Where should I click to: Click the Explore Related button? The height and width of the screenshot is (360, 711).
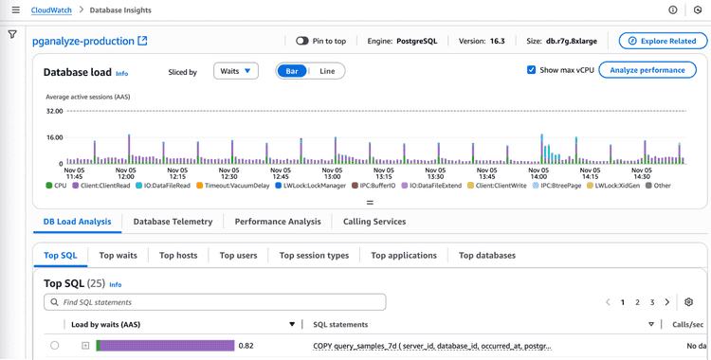(663, 41)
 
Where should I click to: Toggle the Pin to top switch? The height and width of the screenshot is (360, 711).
(302, 41)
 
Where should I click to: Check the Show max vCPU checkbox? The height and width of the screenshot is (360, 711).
(532, 70)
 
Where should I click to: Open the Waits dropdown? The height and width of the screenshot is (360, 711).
(236, 71)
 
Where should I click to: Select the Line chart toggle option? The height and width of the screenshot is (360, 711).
(327, 71)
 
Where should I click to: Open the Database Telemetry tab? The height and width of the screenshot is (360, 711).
(173, 222)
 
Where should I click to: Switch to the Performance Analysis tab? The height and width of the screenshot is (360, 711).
(278, 222)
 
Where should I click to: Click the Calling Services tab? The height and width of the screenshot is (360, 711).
(374, 222)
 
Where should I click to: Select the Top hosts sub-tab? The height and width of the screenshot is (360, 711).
(178, 255)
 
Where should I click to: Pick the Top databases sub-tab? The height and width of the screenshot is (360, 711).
(487, 255)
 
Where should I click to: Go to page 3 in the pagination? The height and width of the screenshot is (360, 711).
(652, 302)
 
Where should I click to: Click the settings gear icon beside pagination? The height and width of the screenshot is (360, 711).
(689, 302)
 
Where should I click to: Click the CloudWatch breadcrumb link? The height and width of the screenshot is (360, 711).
(54, 9)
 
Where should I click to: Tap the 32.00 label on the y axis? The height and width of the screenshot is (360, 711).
(54, 111)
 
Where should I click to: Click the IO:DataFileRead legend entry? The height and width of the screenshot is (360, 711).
(169, 186)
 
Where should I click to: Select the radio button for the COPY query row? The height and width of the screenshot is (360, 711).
(55, 346)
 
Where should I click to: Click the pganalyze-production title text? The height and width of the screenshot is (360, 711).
(83, 42)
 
